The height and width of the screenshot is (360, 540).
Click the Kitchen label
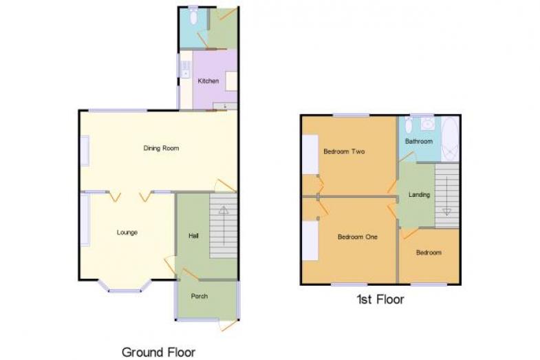(x=208, y=81)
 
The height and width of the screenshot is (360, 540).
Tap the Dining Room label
(x=161, y=148)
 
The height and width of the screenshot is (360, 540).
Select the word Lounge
(x=127, y=233)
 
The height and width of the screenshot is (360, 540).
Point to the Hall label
(x=193, y=236)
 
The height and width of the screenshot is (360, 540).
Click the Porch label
(x=199, y=296)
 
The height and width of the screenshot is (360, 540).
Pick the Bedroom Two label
(x=344, y=151)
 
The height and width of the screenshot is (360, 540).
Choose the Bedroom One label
(x=358, y=237)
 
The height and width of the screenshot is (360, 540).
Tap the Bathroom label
(x=419, y=141)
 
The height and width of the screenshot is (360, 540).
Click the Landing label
(x=419, y=195)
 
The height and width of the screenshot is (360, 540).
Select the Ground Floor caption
(x=158, y=352)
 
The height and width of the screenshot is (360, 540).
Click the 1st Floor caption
(x=380, y=299)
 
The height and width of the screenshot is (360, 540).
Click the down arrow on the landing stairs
(x=446, y=196)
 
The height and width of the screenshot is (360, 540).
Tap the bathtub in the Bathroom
(x=450, y=139)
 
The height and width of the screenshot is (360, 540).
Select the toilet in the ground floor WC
(x=193, y=16)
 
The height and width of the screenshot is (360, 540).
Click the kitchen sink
(x=186, y=69)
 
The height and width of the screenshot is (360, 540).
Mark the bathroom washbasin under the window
(x=427, y=123)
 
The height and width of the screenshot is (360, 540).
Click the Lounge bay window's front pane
(x=125, y=291)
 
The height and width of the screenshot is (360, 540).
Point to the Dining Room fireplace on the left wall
(x=85, y=151)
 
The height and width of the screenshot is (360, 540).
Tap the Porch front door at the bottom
(x=229, y=325)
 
